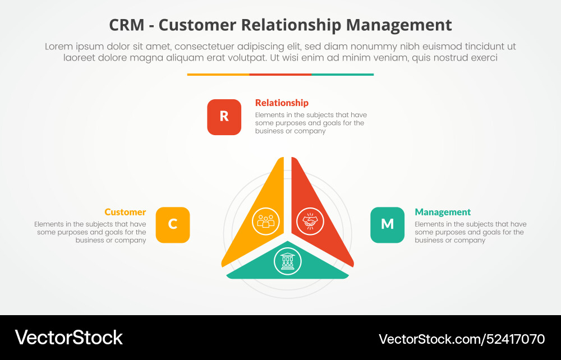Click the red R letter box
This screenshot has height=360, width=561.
(224, 117)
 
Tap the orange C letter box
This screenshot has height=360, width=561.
(172, 225)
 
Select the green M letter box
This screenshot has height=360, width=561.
(387, 225)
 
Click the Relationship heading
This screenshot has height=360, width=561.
(282, 103)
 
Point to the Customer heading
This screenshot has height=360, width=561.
(125, 212)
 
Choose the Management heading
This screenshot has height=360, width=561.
(443, 212)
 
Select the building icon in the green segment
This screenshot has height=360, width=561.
(287, 261)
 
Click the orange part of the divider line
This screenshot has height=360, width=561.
(218, 74)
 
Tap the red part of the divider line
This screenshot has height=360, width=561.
(280, 74)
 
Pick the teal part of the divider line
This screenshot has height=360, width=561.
(342, 74)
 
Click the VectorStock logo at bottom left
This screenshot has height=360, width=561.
(68, 338)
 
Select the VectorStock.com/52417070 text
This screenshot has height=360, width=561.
(462, 339)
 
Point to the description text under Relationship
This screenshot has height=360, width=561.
(310, 123)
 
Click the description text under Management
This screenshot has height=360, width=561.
(470, 232)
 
